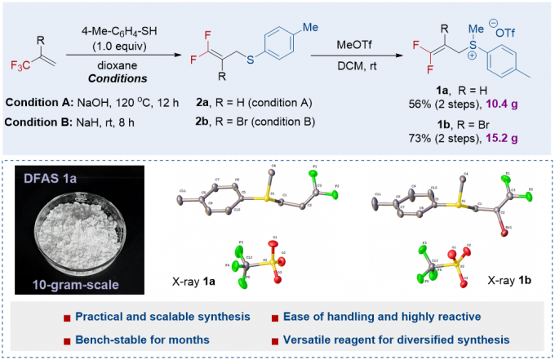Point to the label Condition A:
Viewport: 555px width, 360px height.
pos(37,104)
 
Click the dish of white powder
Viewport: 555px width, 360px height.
pos(73,237)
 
